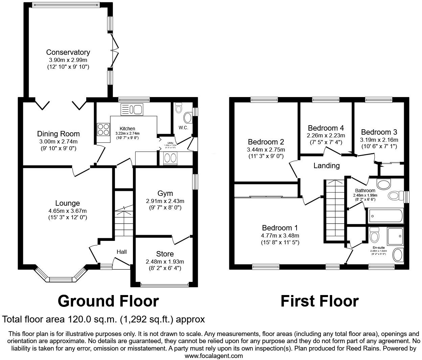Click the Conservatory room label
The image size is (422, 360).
(x=68, y=52)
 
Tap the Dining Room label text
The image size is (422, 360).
(x=58, y=134)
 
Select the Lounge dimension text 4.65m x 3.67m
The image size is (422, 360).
(x=68, y=211)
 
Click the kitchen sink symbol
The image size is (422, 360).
(x=132, y=109)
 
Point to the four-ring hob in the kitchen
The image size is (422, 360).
(x=103, y=129)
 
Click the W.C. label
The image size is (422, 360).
(x=183, y=128)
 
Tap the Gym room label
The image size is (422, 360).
(x=165, y=193)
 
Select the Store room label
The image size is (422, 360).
(x=165, y=254)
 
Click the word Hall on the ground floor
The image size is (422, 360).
(x=122, y=252)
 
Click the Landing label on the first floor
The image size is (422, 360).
(x=326, y=165)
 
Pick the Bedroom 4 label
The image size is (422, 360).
(x=326, y=128)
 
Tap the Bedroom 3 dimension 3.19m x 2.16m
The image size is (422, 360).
(x=379, y=140)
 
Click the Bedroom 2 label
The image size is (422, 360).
(x=266, y=142)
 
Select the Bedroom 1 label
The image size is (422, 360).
(x=280, y=228)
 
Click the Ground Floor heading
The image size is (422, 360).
(x=108, y=301)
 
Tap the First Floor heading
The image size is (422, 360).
(x=319, y=301)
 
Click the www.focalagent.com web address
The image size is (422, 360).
(x=213, y=356)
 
